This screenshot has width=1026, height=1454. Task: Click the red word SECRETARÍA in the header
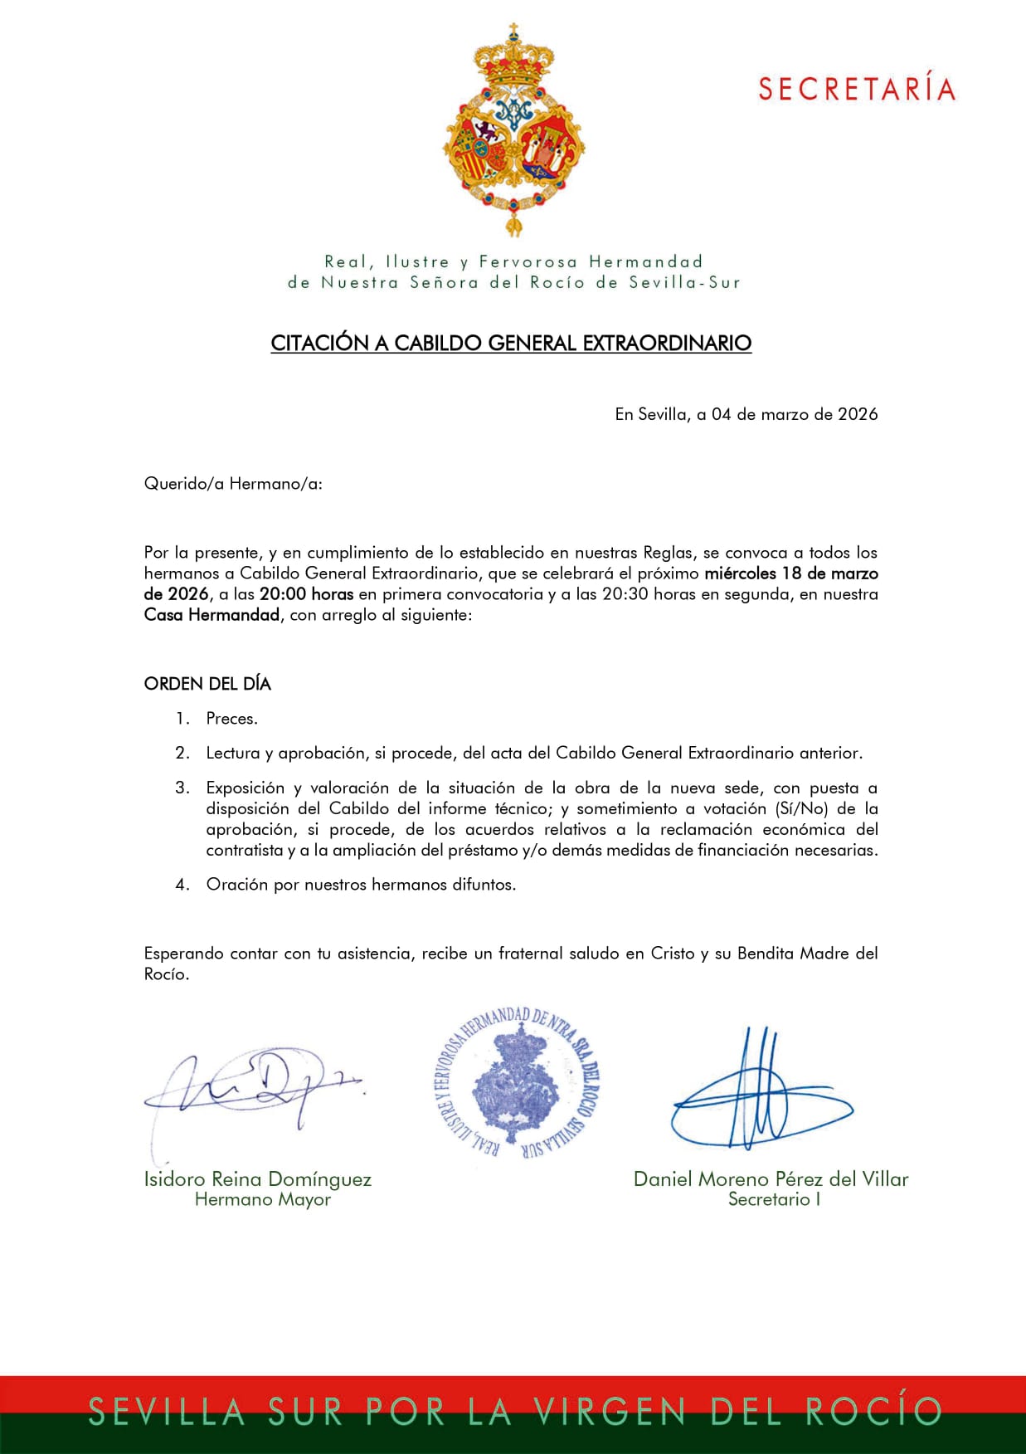coord(857,89)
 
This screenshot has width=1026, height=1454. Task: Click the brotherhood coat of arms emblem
coord(513,133)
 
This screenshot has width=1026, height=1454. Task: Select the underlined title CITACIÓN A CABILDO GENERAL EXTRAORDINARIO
coord(511,344)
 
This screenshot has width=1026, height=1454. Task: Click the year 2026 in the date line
coord(858,414)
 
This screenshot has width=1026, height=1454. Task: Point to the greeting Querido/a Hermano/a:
coord(233,484)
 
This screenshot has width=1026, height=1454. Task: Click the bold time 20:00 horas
coord(306,594)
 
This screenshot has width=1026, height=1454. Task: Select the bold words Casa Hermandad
coord(212,615)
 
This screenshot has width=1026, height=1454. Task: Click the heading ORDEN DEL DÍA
coord(207,684)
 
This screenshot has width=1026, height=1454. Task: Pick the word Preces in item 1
coord(231,719)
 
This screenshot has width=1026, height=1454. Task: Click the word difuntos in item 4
coord(483,885)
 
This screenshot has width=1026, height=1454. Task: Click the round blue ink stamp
coord(517,1082)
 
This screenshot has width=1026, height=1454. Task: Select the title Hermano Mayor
coord(262,1199)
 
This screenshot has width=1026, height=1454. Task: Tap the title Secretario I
coord(774,1199)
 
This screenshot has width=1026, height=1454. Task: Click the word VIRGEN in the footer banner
coord(609,1412)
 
